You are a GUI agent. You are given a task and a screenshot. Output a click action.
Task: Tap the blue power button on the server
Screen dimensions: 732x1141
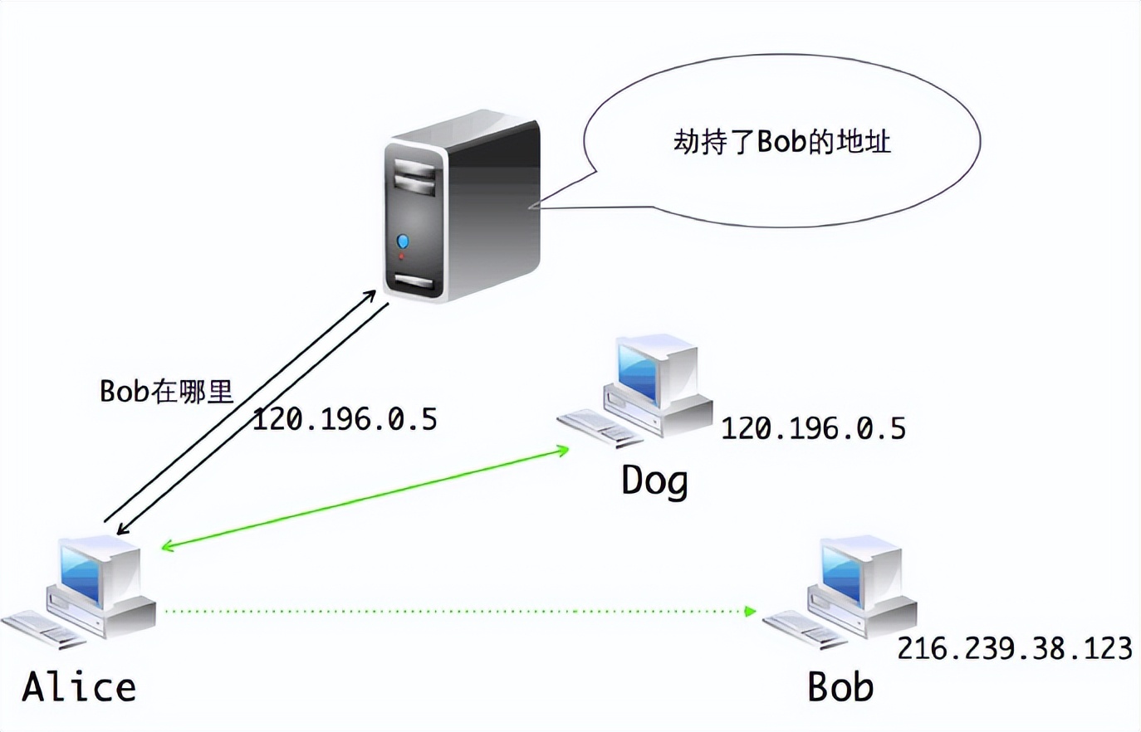(x=403, y=242)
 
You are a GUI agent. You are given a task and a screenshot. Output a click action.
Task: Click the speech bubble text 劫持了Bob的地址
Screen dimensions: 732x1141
(x=781, y=141)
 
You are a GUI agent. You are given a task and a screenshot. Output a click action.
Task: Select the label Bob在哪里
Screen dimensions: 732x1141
(x=166, y=391)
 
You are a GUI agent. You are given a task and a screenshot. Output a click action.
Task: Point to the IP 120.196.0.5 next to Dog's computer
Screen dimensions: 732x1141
(x=813, y=428)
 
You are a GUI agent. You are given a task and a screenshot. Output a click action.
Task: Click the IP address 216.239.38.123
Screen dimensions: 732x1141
(x=1014, y=647)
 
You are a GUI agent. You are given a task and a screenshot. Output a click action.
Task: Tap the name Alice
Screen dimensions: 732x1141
(x=79, y=687)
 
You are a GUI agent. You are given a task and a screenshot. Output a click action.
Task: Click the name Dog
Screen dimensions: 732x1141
(x=654, y=481)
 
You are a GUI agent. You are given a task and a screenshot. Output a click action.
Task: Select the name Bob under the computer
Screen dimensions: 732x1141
(x=840, y=687)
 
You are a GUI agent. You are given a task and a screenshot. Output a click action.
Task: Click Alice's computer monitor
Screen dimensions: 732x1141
(x=91, y=571)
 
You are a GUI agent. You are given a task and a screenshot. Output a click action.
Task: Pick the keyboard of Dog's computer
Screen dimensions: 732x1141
(x=598, y=427)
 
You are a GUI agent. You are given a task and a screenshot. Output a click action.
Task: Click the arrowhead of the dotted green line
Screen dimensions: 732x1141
(x=751, y=612)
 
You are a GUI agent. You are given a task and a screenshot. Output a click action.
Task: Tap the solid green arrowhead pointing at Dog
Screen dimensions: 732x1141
(x=563, y=451)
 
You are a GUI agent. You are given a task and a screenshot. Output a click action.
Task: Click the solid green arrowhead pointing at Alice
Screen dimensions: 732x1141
(x=167, y=547)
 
